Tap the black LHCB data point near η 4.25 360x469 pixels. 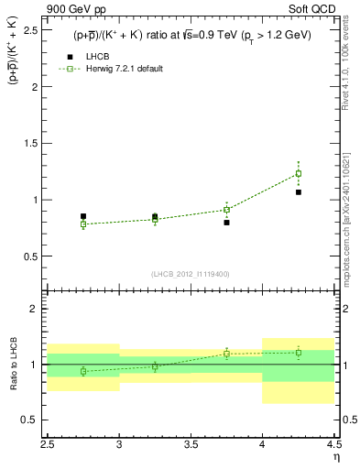click(x=299, y=192)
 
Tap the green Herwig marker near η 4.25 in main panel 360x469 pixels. click(x=299, y=173)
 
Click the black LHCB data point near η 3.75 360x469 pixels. click(x=227, y=223)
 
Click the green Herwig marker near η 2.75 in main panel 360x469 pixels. click(x=83, y=224)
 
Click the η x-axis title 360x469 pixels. click(x=335, y=456)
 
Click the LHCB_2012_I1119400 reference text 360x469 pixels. click(x=191, y=274)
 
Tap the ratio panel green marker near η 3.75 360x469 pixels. click(x=227, y=354)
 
